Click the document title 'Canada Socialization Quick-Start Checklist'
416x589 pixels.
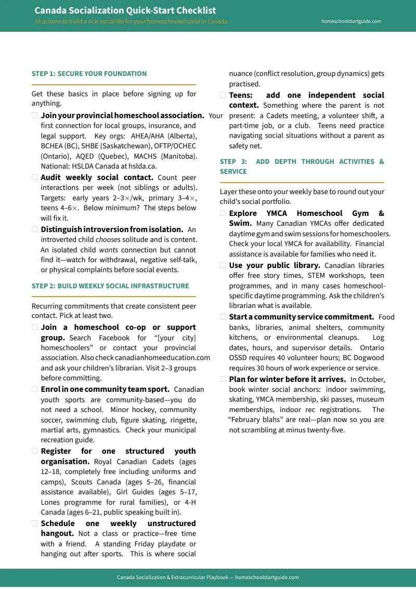(125, 10)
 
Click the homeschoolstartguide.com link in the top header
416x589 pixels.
(351, 21)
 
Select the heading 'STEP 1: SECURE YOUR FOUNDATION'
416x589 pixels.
(89, 74)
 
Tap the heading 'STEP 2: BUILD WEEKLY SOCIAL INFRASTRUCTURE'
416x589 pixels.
(110, 286)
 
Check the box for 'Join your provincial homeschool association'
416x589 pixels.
(35, 116)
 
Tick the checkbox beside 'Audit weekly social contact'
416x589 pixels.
(35, 177)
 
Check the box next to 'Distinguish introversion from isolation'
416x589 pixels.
(35, 229)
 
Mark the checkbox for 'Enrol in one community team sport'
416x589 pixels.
(35, 389)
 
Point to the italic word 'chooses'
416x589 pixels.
(108, 240)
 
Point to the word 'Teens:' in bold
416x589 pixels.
(241, 95)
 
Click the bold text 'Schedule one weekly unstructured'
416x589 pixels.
(118, 523)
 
